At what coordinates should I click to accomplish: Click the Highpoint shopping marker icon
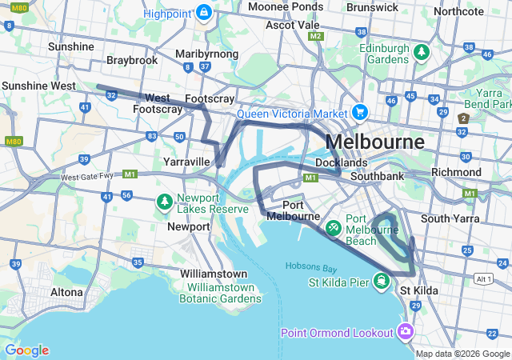pyautogui.click(x=204, y=14)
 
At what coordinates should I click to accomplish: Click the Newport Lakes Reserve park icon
pyautogui.click(x=165, y=200)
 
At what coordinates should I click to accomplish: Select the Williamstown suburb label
pyautogui.click(x=213, y=274)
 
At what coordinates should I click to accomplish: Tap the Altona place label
pyautogui.click(x=66, y=292)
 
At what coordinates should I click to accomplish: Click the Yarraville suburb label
pyautogui.click(x=186, y=162)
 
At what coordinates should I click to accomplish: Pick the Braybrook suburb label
pyautogui.click(x=132, y=61)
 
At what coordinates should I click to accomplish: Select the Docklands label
pyautogui.click(x=342, y=162)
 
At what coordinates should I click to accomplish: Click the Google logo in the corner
pyautogui.click(x=26, y=350)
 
